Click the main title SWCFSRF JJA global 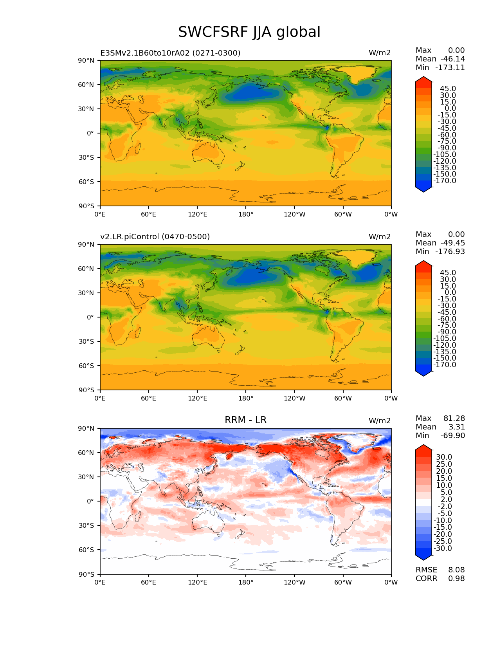(x=249, y=32)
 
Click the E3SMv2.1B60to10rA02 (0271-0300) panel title (x=170, y=53)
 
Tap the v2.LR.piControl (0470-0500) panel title (x=155, y=236)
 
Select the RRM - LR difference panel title (x=245, y=420)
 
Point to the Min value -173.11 (x=450, y=67)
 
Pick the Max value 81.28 (x=454, y=418)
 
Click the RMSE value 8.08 (x=456, y=570)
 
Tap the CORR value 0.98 (x=456, y=578)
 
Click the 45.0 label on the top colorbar (x=448, y=88)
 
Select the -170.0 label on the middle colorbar (x=445, y=365)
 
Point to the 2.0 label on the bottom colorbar (x=447, y=500)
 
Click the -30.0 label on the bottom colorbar (x=443, y=548)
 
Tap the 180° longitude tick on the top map (x=246, y=214)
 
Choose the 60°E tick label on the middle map (x=149, y=398)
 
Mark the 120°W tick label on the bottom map (x=295, y=582)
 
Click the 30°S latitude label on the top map (x=86, y=157)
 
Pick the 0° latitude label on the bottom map (x=90, y=501)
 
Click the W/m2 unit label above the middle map (x=380, y=236)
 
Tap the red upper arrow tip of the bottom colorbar (x=423, y=445)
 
